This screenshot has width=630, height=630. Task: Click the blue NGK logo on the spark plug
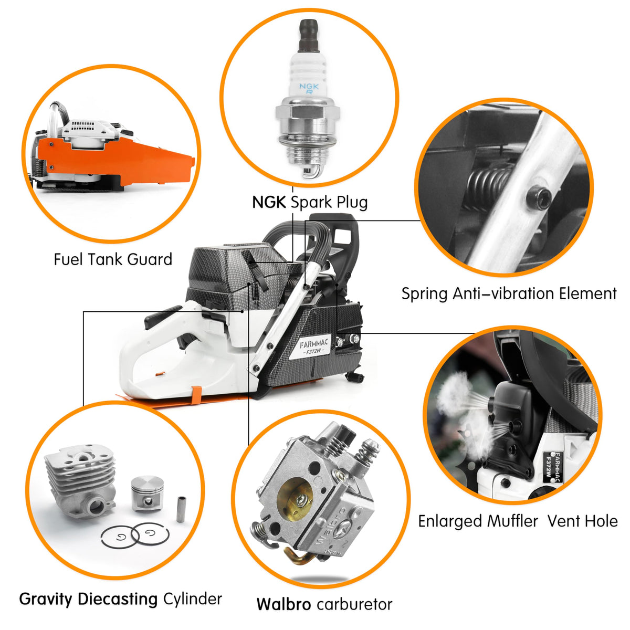(x=309, y=88)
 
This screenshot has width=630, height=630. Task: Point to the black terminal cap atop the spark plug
(x=309, y=36)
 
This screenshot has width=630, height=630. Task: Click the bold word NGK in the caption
(x=269, y=202)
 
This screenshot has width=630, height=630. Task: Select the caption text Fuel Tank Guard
(x=113, y=259)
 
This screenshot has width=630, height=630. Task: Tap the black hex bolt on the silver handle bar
(x=539, y=198)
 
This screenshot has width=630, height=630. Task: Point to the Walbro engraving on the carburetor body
(x=330, y=528)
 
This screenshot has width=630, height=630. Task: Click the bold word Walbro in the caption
(x=283, y=604)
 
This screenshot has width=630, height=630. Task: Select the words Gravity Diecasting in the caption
(x=88, y=600)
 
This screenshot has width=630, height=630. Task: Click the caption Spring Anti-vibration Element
(x=509, y=293)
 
